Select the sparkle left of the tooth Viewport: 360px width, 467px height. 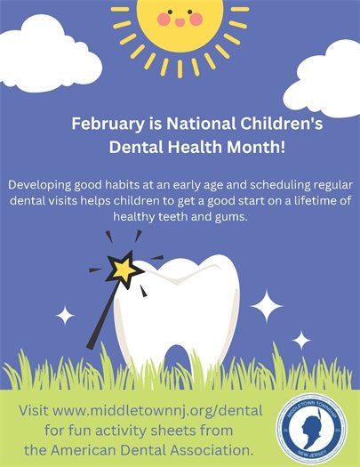click(x=64, y=315)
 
